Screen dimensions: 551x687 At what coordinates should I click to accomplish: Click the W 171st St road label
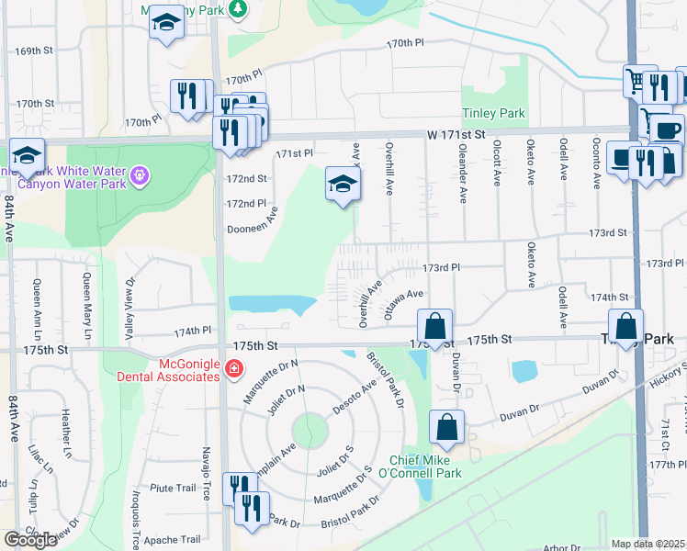tap(456, 134)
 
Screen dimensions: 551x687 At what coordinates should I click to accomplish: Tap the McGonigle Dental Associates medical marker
tap(233, 369)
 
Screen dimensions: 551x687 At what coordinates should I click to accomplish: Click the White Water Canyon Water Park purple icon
tap(139, 172)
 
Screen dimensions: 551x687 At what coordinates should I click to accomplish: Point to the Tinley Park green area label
tap(493, 114)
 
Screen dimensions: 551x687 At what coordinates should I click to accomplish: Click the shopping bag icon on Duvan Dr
tap(446, 427)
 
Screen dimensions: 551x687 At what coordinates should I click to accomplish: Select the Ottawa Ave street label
tap(404, 304)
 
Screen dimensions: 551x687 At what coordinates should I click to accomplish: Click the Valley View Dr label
tap(130, 309)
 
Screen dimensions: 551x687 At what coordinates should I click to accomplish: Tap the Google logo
tap(30, 539)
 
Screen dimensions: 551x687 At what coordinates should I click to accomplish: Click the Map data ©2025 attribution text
tap(648, 544)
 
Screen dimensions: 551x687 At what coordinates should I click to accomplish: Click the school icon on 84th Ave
tap(28, 155)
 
